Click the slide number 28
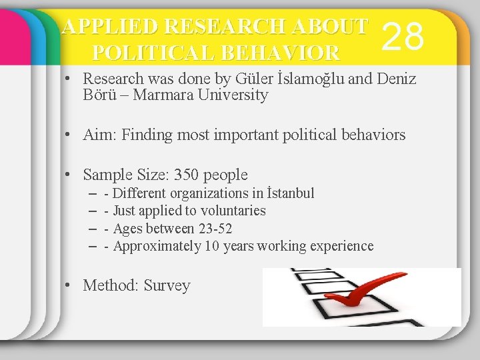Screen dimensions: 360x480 click(x=405, y=36)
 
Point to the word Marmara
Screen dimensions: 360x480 click(x=160, y=95)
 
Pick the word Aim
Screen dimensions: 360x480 click(x=97, y=135)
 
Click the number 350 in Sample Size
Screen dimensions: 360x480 click(x=186, y=175)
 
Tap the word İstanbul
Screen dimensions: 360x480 click(x=290, y=193)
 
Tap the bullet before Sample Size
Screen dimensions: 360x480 click(x=69, y=175)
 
